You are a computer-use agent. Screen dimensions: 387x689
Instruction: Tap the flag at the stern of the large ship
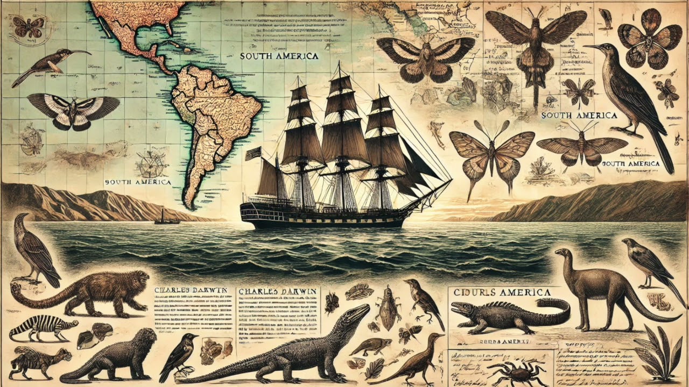(252, 154)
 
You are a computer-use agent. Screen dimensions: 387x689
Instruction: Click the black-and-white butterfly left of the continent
(73, 110)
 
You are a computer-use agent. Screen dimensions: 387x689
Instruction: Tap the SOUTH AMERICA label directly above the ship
(279, 56)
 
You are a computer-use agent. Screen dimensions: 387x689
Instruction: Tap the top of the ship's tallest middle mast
(339, 64)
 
